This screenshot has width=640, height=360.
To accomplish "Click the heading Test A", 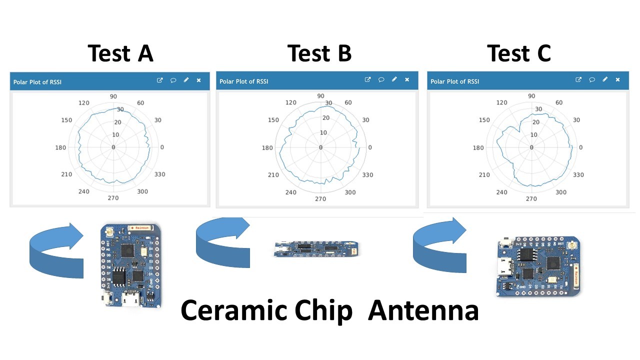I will (120, 53).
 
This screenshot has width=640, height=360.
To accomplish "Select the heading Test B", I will (319, 53).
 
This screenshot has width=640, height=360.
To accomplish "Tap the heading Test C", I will (519, 53).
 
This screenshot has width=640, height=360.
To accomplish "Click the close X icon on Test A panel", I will (198, 80).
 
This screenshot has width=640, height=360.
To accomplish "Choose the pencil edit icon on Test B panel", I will (394, 79).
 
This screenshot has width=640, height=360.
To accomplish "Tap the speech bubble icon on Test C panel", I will (591, 80).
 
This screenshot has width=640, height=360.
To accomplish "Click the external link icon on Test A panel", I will (160, 80).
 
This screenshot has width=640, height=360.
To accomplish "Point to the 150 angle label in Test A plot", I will (67, 120).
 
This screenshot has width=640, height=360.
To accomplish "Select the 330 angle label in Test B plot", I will (367, 175).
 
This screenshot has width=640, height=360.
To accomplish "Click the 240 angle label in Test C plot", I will (501, 192).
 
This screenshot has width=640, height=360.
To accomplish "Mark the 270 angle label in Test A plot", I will (113, 198).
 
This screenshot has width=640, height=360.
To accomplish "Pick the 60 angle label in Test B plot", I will (348, 102).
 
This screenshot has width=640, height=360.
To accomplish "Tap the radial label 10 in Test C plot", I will (534, 135).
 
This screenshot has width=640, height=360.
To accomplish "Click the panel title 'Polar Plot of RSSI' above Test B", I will (243, 81).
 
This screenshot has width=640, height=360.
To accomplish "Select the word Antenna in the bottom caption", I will (423, 310).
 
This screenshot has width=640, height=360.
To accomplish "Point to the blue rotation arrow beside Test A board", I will (56, 250).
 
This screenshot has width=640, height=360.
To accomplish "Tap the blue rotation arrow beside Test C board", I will (440, 245).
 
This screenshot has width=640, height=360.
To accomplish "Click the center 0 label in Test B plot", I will (320, 147).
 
